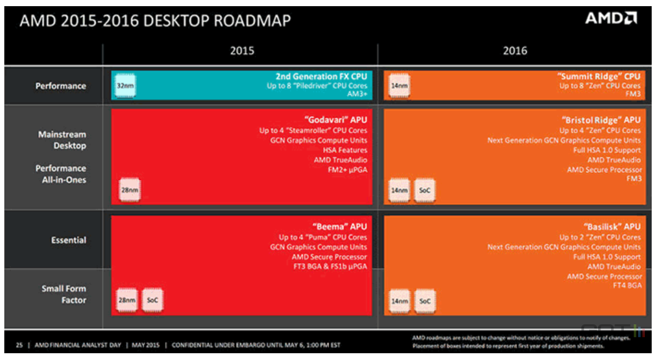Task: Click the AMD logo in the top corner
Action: [x=611, y=18]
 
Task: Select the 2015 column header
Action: [x=242, y=51]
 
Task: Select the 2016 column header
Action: [x=515, y=51]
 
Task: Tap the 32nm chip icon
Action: [x=125, y=86]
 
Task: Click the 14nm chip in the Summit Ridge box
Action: [x=399, y=86]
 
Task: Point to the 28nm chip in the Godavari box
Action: [x=129, y=191]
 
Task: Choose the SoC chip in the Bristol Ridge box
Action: [x=425, y=191]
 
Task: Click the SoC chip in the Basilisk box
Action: [x=425, y=301]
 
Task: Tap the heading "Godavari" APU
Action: [x=335, y=120]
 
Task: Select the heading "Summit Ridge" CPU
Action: [x=599, y=76]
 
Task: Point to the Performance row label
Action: [x=60, y=86]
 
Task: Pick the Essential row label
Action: [x=68, y=240]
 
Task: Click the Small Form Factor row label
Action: [x=64, y=294]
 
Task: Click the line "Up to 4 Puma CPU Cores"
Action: [x=322, y=237]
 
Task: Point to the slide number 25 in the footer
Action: [x=19, y=345]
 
